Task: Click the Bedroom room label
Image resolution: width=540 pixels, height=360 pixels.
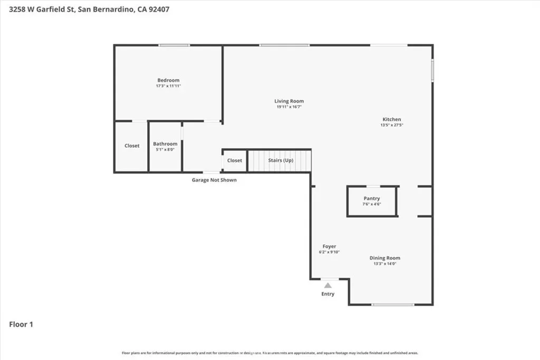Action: (168, 80)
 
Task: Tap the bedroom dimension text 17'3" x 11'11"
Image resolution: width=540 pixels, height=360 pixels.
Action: (168, 86)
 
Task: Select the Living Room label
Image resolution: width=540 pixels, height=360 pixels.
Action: (289, 101)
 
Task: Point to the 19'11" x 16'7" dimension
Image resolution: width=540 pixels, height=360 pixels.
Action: (289, 107)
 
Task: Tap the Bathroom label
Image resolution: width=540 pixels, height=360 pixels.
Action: (165, 144)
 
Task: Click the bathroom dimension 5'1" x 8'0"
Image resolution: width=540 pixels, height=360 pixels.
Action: (165, 150)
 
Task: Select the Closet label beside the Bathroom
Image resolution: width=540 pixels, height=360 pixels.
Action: (132, 146)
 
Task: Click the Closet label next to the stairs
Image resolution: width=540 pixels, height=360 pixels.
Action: (235, 160)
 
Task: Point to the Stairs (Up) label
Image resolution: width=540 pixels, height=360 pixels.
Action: (281, 160)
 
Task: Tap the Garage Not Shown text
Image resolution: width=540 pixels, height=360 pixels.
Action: (214, 180)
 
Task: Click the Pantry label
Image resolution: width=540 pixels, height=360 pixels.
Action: (372, 199)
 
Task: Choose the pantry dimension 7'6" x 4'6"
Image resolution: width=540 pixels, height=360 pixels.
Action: (372, 205)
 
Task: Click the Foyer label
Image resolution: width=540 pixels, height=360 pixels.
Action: (329, 246)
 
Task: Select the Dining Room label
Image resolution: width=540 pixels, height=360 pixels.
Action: (384, 258)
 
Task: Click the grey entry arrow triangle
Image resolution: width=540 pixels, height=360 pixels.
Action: (328, 285)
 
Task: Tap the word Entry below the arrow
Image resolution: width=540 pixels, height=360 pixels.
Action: (328, 294)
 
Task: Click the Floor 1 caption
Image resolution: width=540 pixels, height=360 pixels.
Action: (21, 325)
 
